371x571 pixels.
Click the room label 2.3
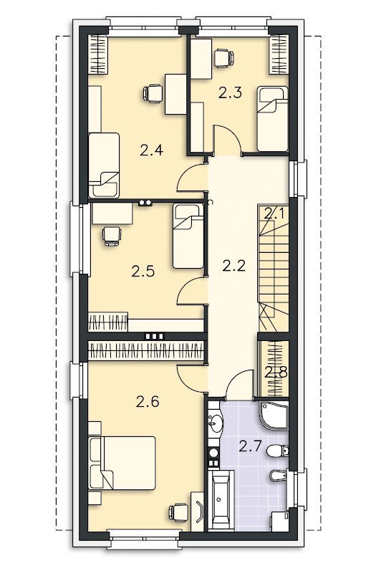tap(230, 93)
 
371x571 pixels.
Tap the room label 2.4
tap(151, 150)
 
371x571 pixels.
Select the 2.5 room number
tap(143, 272)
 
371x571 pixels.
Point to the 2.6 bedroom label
tap(148, 402)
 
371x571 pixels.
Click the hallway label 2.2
tap(233, 267)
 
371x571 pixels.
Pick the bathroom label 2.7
tap(251, 446)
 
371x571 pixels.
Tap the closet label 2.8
tap(276, 373)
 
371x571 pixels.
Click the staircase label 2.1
tap(274, 213)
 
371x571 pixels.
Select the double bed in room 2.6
tap(122, 464)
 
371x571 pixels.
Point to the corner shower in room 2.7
tap(274, 416)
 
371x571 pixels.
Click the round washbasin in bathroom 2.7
tap(216, 423)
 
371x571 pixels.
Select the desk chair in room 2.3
tap(223, 58)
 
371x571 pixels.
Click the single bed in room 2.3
tap(272, 119)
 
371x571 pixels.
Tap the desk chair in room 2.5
tap(112, 236)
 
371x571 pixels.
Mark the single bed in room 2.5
tap(188, 236)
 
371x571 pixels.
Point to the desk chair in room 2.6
tap(178, 512)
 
